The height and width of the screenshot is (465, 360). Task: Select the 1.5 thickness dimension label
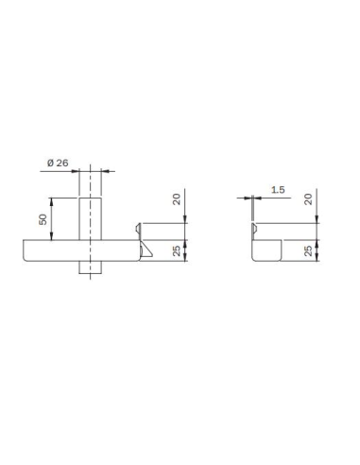point(277,189)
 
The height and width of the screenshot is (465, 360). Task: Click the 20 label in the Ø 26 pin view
point(178,199)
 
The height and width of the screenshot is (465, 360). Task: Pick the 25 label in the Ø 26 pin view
point(178,250)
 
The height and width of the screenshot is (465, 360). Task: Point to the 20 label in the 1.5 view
point(309,199)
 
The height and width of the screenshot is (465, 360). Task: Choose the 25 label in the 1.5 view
point(309,250)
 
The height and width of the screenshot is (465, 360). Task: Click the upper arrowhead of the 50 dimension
point(52,199)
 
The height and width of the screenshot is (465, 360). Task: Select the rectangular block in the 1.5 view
point(267,250)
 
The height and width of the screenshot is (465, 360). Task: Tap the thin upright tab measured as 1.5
point(253,229)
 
